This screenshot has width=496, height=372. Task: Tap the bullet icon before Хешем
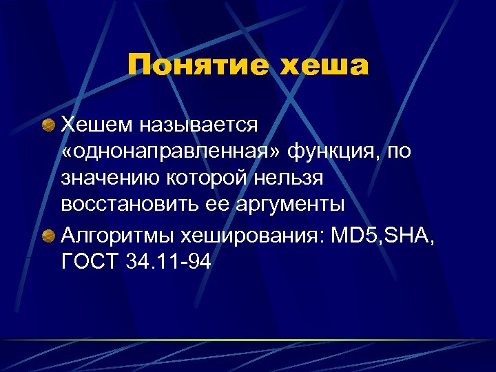click(x=48, y=125)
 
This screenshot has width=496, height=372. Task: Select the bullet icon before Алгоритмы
click(x=48, y=237)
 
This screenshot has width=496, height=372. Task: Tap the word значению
click(x=110, y=178)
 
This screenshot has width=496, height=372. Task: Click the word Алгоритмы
click(x=117, y=237)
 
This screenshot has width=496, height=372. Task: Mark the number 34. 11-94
click(x=169, y=263)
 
